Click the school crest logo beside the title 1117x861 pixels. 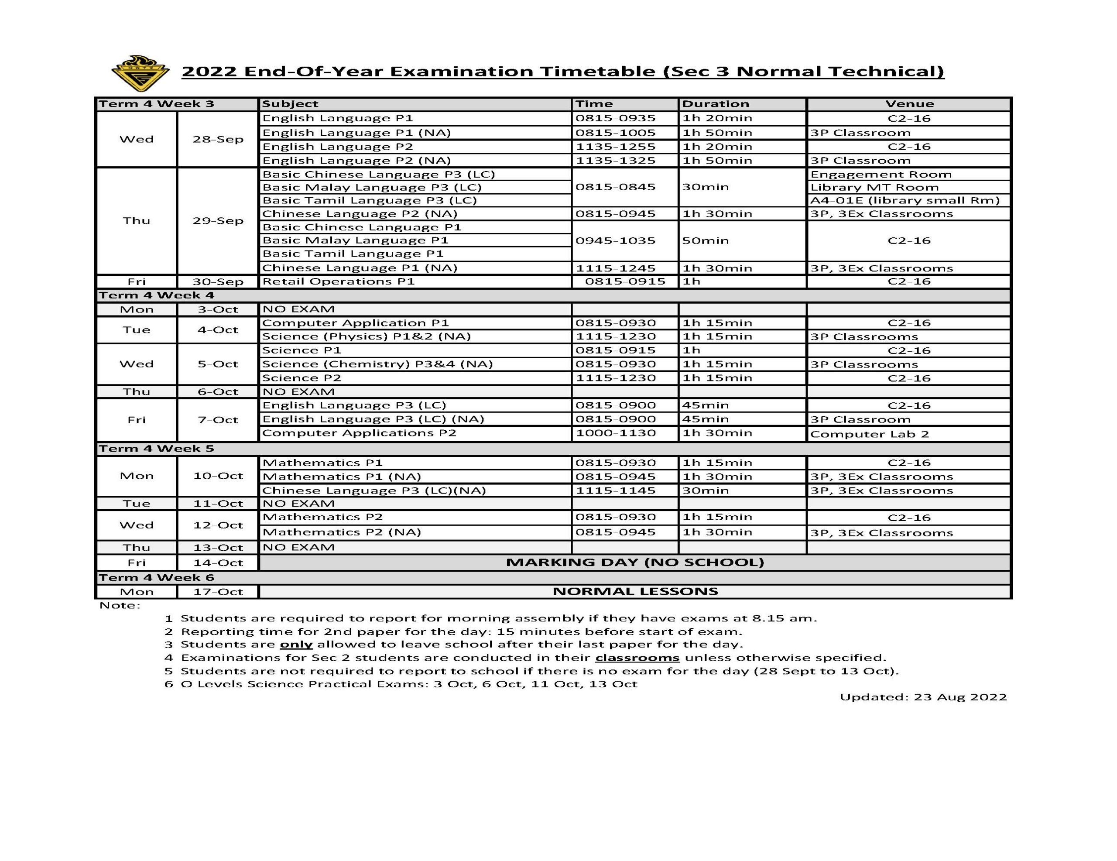pos(140,74)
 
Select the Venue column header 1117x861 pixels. pos(909,104)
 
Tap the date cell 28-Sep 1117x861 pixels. pos(218,139)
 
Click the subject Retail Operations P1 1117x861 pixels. pos(338,281)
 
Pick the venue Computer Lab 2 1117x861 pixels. pos(869,434)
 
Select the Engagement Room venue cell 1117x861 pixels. pos(881,174)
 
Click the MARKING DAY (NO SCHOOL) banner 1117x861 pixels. pos(635,562)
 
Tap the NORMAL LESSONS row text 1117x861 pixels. pos(635,591)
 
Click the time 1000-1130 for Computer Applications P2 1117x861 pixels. pos(615,433)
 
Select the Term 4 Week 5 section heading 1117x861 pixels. pos(156,449)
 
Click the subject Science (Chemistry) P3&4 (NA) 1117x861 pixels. pos(377,364)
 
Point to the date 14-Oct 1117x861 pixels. pos(218,563)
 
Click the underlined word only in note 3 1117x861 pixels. pos(296,645)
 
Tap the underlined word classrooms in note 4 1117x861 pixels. pos(637,658)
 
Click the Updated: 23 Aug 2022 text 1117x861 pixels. pos(923,697)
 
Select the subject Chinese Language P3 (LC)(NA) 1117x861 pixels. pos(374,490)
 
